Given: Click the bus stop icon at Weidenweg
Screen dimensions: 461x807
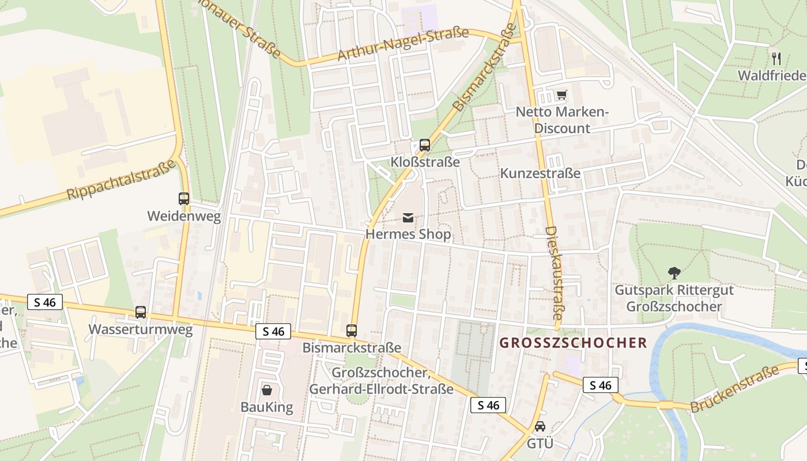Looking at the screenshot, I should [184, 199].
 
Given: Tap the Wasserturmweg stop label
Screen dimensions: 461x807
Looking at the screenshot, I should [140, 330].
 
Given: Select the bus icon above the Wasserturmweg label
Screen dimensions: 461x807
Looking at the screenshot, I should [141, 312].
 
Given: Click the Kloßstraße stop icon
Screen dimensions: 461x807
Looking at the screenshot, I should [425, 145].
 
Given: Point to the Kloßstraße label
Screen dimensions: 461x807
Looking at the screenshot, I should [425, 162].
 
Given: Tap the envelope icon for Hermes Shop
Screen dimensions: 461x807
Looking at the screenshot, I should [408, 217].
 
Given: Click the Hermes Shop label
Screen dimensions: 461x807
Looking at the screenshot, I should [408, 235].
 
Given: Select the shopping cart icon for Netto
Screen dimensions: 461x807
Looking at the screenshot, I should [561, 95].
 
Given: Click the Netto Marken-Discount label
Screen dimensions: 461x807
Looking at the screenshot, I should [562, 120].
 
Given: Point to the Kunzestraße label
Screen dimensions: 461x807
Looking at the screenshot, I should [540, 173].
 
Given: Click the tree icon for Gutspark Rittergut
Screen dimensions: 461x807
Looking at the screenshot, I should [674, 273].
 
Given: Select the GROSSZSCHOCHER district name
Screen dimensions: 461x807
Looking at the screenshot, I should [573, 343].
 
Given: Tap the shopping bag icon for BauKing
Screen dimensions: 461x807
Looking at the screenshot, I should [267, 390].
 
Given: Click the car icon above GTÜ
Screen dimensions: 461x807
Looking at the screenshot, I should [540, 427].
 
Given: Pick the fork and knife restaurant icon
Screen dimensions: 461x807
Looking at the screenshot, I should [776, 58].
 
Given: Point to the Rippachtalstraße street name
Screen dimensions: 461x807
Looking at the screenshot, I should [121, 180].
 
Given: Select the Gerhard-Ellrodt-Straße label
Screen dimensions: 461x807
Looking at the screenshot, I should [381, 389].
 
